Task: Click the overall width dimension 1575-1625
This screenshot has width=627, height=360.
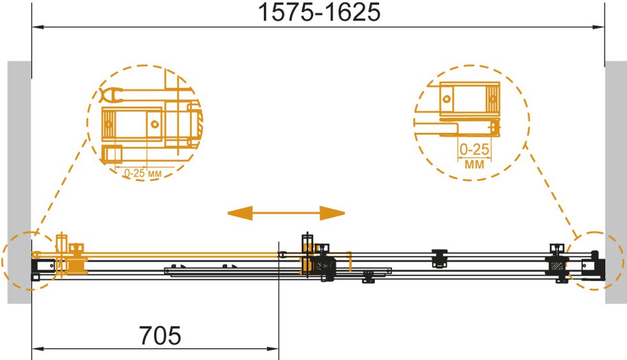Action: coord(320,12)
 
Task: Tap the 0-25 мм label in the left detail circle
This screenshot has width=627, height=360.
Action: coord(142,173)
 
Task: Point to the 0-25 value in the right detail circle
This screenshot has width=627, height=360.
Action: coord(474,150)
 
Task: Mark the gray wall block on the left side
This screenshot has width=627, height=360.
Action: coord(19,182)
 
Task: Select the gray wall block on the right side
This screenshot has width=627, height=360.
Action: coord(616,182)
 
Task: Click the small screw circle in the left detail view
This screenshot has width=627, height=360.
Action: coord(155,124)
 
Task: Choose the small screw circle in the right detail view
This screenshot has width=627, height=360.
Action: coord(447,99)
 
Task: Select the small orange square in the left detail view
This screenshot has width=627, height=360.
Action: coord(112,155)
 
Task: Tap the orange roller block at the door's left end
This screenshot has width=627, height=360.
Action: coord(77,260)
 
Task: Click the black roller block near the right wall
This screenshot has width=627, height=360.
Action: coord(556,264)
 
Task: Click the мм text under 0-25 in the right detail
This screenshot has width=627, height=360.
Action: coord(474,164)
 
